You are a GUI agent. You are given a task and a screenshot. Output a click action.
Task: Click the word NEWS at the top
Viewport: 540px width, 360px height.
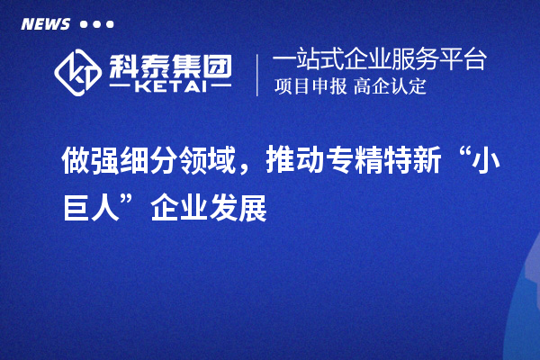coord(45,24)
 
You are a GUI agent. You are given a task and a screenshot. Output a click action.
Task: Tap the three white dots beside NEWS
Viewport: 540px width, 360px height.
coord(96,24)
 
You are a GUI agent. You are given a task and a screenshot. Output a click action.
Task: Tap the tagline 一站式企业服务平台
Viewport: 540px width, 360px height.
coord(379,60)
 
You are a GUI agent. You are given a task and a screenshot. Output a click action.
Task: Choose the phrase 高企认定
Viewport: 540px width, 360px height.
coord(391,87)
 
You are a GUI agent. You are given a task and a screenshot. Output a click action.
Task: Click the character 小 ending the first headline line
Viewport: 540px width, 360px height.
coord(487,162)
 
